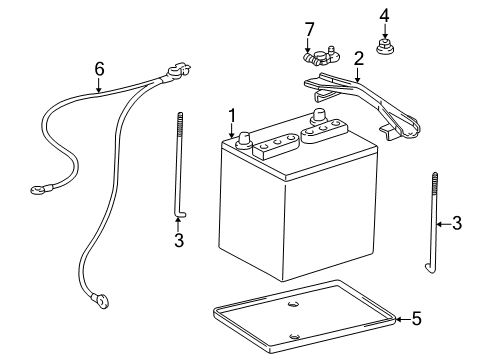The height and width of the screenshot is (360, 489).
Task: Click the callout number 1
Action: point(231,115)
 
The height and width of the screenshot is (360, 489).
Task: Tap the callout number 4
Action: point(385,14)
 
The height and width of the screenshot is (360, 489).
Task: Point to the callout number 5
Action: point(417,320)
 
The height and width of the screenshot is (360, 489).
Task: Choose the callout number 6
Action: point(99,68)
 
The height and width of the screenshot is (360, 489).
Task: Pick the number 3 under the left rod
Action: point(178,241)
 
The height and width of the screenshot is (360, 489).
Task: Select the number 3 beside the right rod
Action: point(456,223)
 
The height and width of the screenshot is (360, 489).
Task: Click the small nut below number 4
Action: point(385,46)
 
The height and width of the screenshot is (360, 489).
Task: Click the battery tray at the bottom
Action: point(300,314)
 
